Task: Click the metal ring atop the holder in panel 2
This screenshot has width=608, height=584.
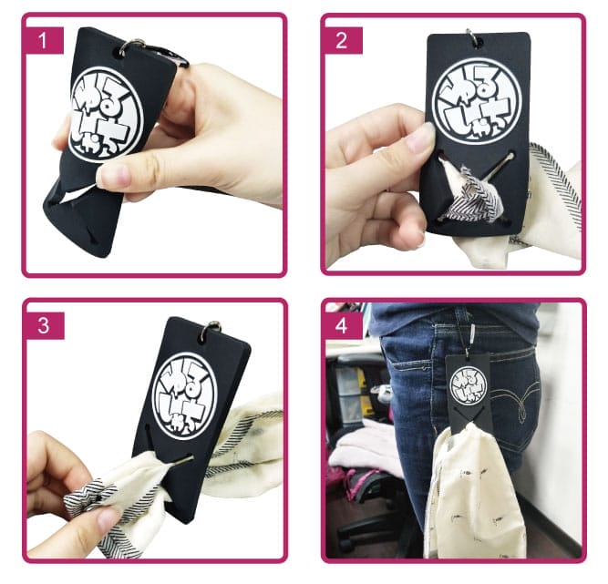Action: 472,37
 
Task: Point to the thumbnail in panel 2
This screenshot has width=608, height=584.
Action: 420,138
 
